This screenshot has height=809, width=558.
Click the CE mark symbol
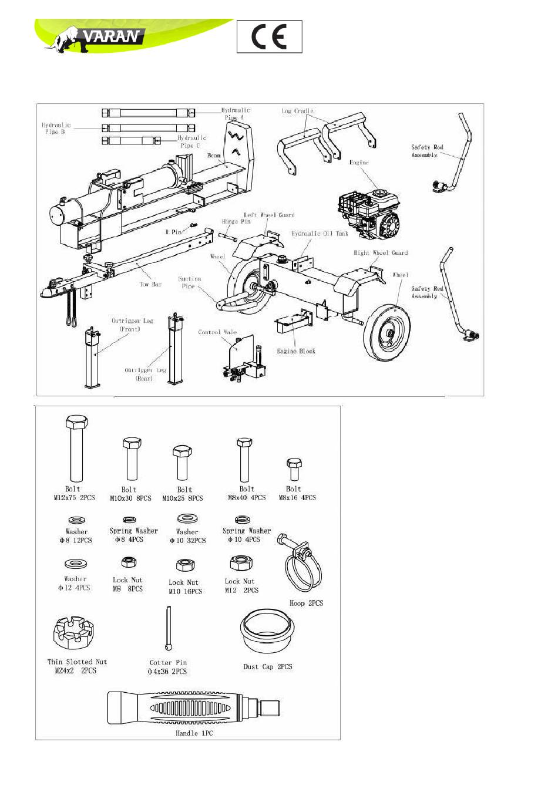click(x=269, y=37)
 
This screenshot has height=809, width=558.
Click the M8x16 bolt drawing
click(x=294, y=470)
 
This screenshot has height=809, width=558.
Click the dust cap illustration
click(x=267, y=631)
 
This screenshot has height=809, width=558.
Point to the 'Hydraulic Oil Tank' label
click(x=320, y=234)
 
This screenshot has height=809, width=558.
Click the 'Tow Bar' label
click(x=150, y=284)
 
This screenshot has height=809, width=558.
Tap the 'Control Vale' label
click(x=217, y=332)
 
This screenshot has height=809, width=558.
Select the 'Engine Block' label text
click(x=296, y=351)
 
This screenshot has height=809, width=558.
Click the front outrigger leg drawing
click(x=92, y=358)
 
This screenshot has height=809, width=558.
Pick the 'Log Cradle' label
click(x=297, y=111)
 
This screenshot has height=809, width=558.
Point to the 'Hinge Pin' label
click(x=236, y=221)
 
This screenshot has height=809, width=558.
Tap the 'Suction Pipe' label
click(x=189, y=282)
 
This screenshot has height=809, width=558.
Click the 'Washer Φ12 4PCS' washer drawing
click(x=76, y=564)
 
